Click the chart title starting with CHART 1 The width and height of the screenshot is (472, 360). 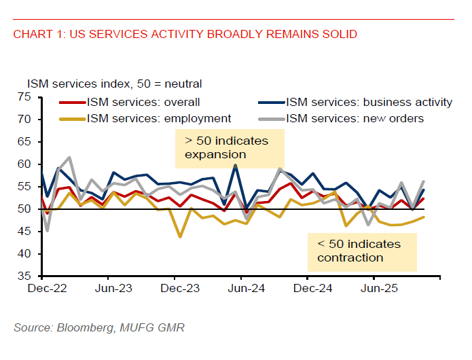[x=185, y=34]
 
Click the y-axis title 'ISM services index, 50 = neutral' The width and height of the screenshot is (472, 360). [x=114, y=84]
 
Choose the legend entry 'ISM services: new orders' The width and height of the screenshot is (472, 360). [x=355, y=118]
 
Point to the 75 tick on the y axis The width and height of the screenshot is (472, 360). [x=24, y=97]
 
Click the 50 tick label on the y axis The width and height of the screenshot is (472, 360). [x=24, y=209]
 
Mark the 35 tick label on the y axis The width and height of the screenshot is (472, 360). [x=24, y=276]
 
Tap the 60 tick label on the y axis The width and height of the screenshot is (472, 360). [x=24, y=164]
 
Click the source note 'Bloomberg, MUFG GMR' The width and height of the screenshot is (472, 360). [x=98, y=328]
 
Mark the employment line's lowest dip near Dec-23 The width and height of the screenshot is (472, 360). [x=179, y=237]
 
